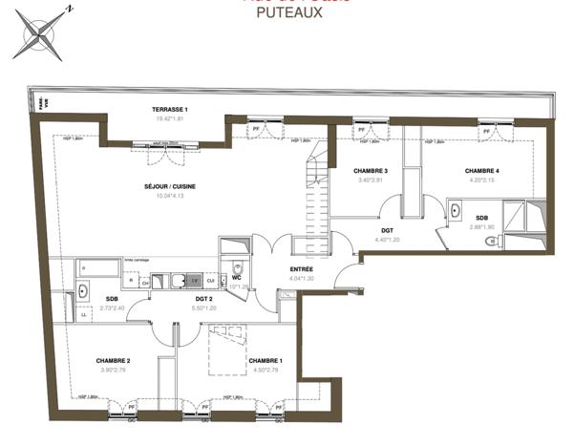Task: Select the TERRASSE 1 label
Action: click(x=170, y=110)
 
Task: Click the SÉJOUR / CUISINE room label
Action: click(x=170, y=186)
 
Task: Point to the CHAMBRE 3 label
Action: click(x=345, y=170)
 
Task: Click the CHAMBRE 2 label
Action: click(x=113, y=360)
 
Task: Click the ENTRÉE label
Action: click(x=302, y=269)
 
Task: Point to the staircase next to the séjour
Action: click(x=311, y=201)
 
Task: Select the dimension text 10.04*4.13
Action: click(x=170, y=197)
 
